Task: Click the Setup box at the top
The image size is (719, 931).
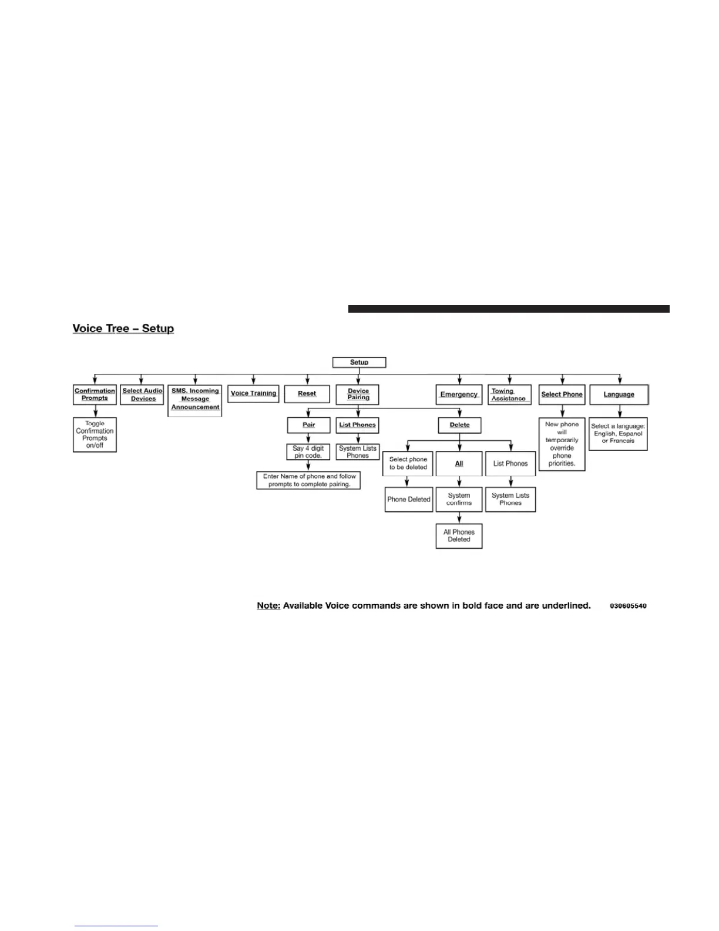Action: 359,362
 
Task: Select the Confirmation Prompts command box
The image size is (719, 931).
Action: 95,394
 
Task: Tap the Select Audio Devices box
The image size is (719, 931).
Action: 142,394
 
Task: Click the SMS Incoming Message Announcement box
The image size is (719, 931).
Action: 195,399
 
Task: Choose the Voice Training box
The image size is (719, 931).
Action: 253,393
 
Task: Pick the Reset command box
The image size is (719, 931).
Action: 307,394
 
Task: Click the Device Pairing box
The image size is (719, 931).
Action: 358,394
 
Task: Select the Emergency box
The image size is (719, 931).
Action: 459,394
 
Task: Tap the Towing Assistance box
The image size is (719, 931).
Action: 509,394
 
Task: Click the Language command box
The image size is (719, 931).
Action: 619,394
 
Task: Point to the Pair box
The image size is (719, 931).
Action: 308,425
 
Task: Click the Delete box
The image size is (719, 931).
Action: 459,425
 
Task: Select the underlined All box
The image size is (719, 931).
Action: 459,464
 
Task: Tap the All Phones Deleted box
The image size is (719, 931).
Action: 459,536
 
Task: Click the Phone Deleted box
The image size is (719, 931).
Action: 408,500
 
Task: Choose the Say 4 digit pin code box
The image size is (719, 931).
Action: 308,452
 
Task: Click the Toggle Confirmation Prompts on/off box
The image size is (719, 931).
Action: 95,434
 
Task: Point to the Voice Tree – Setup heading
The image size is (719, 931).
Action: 123,329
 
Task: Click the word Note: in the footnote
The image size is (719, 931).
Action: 268,605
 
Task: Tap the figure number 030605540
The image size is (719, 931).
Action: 628,606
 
